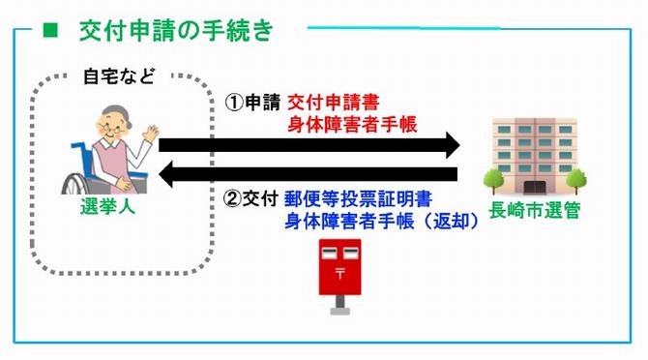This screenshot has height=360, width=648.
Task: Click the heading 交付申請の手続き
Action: coord(176,31)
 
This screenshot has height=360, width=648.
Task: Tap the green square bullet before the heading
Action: coord(50,31)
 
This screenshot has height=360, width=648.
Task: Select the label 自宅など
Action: coord(116,77)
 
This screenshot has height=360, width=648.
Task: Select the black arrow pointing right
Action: coord(309,145)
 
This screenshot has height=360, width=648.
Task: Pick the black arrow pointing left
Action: coord(309,174)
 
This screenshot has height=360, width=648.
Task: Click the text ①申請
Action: coord(253,101)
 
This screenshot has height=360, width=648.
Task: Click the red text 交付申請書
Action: coord(331,101)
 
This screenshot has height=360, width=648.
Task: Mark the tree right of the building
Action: coord(577,179)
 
